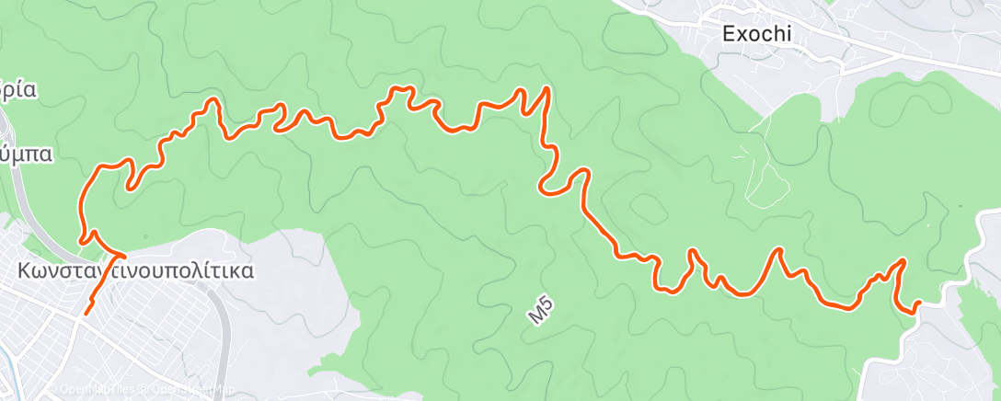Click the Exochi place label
pyautogui.click(x=757, y=34)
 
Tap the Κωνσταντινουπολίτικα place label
pyautogui.click(x=136, y=271)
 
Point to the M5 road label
pyautogui.click(x=541, y=312)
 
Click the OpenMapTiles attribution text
pyautogui.click(x=101, y=389)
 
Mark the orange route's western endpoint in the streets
pyautogui.click(x=86, y=314)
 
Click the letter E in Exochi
pyautogui.click(x=729, y=34)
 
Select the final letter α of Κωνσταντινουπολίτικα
pyautogui.click(x=247, y=271)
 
